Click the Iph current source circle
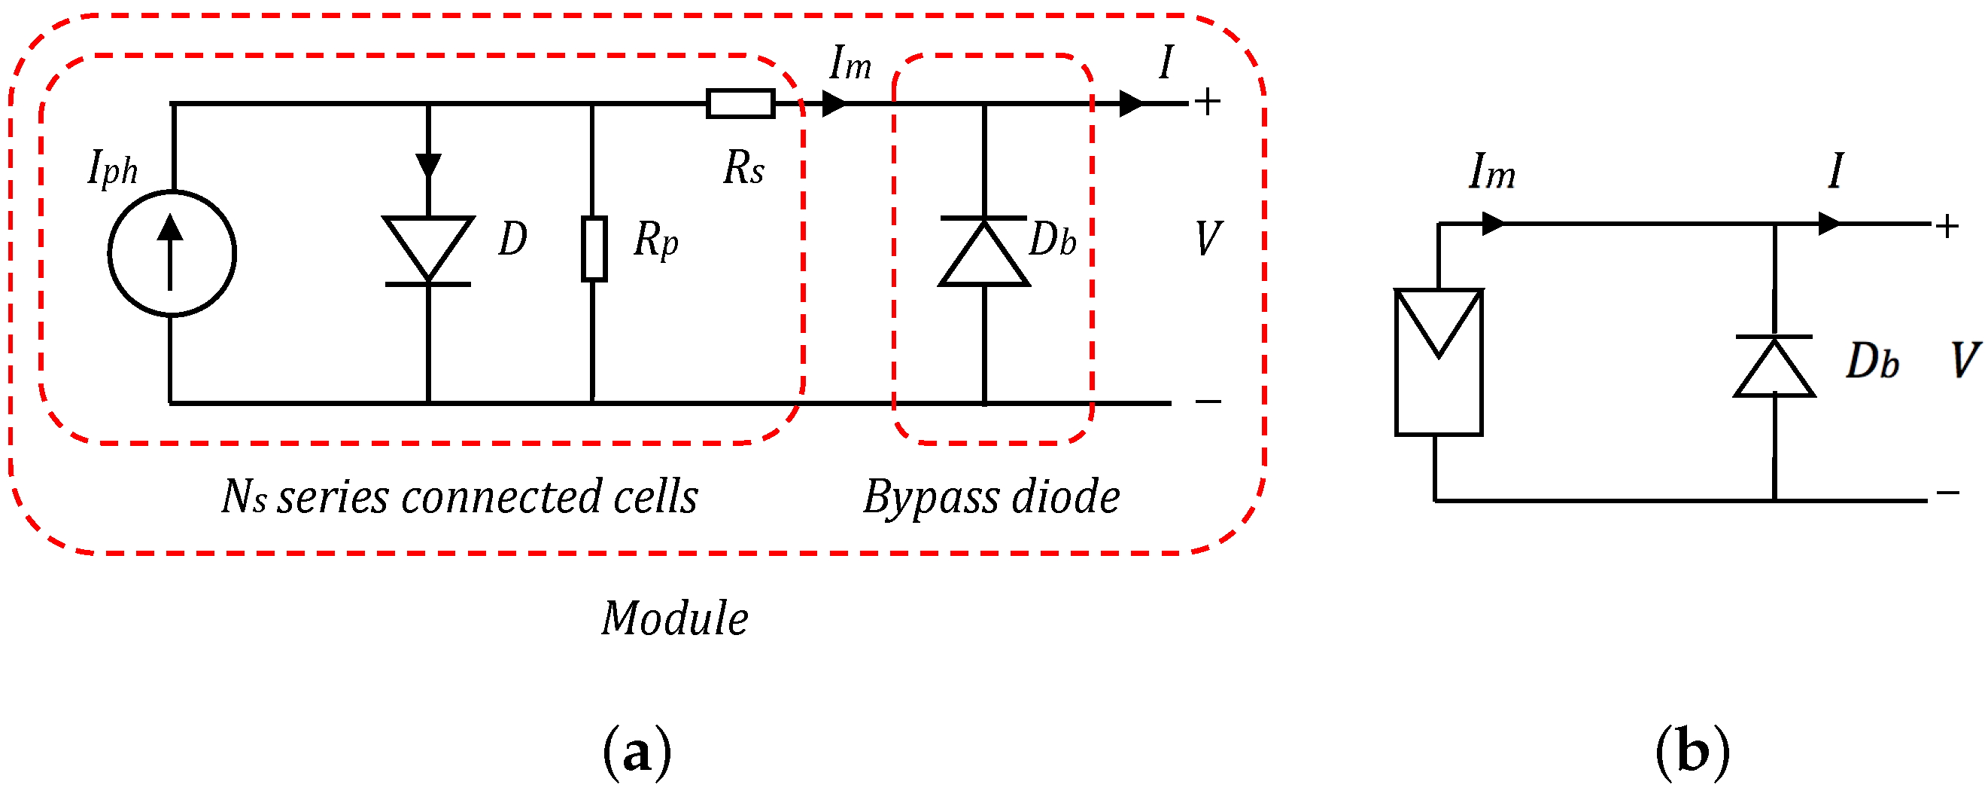point(172,253)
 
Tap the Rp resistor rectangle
point(594,249)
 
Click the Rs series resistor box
point(740,103)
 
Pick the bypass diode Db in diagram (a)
point(984,253)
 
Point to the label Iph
point(113,169)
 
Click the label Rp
point(655,240)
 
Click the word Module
point(674,618)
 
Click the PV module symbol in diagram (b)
point(1439,362)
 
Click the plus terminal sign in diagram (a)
point(1208,102)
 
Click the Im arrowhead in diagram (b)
point(1494,224)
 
